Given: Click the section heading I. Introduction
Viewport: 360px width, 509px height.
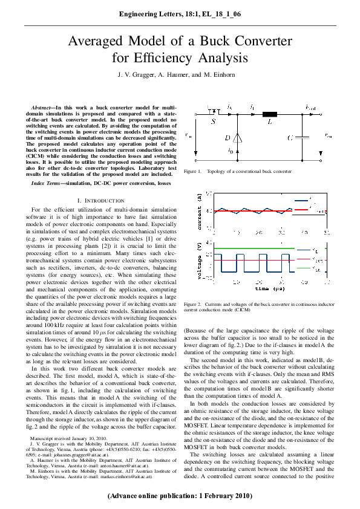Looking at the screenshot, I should click(x=101, y=200).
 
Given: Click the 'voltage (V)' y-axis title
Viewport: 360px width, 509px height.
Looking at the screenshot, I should click(x=200, y=261).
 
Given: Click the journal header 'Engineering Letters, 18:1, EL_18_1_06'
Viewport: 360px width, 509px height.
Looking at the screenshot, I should click(x=180, y=13).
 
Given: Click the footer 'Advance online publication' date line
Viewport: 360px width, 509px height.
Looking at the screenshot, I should click(x=180, y=496).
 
